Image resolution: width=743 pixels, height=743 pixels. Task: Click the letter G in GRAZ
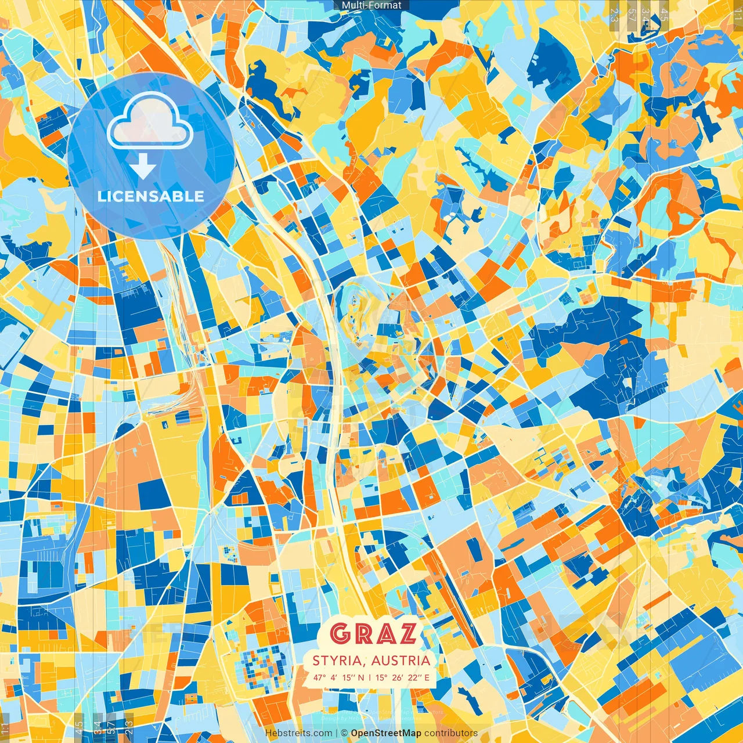(x=340, y=633)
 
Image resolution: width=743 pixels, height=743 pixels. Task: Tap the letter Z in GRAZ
(x=405, y=633)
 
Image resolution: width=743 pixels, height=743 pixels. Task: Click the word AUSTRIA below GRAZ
(x=401, y=661)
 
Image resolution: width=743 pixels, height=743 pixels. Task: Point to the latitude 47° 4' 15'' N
(x=339, y=677)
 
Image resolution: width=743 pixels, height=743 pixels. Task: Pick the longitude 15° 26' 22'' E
(x=403, y=677)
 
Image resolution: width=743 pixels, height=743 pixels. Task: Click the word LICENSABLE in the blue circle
(x=151, y=196)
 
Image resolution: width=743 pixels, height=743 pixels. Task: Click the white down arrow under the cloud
(x=143, y=167)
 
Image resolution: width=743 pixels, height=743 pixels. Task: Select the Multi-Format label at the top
(x=371, y=5)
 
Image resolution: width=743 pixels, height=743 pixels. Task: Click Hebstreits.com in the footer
(x=299, y=733)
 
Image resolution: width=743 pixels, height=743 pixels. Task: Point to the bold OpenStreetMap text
(x=386, y=733)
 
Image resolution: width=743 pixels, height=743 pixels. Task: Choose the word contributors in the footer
(x=451, y=733)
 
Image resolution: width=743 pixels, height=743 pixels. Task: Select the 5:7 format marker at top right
(x=632, y=13)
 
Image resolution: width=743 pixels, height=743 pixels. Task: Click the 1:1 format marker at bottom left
(x=5, y=728)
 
